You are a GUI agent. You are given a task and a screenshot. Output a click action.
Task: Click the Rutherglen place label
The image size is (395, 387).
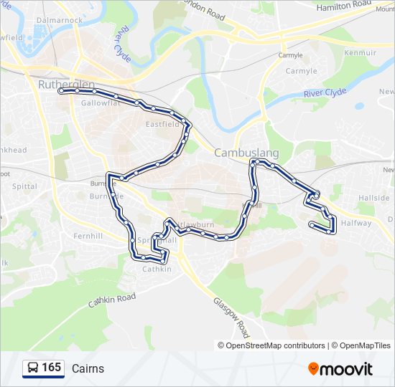65,85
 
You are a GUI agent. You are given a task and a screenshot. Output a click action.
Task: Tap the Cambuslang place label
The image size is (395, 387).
246,153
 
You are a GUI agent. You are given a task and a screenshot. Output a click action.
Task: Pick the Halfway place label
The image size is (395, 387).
357,223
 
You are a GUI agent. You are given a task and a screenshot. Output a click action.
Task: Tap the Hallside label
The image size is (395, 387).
375,198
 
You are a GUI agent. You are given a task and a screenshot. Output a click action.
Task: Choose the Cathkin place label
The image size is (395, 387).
157,269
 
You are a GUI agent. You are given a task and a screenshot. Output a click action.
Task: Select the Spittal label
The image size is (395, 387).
24,186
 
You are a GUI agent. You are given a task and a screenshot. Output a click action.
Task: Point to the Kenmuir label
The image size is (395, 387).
361,53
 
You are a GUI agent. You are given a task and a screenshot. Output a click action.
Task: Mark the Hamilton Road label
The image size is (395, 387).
344,5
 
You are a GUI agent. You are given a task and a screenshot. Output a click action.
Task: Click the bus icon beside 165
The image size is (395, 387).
33,368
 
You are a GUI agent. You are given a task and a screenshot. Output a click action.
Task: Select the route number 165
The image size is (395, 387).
52,368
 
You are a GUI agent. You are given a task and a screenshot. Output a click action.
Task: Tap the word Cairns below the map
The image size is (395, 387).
88,369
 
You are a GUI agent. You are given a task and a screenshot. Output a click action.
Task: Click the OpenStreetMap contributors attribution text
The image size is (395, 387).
275,345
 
